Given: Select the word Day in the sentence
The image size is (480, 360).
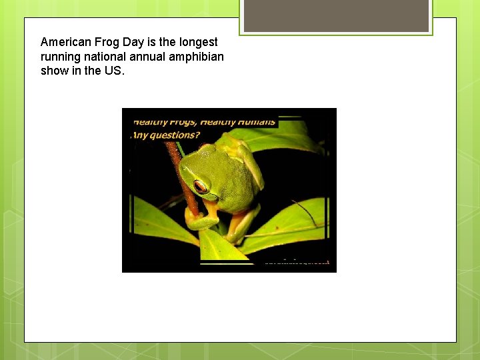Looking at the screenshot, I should pyautogui.click(x=133, y=42).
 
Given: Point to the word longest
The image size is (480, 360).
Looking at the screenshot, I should pyautogui.click(x=197, y=42).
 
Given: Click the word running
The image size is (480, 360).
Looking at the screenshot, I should pyautogui.click(x=61, y=57).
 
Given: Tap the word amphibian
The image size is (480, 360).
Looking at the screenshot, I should pyautogui.click(x=197, y=57).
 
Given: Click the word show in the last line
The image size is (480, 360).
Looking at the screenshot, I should pyautogui.click(x=55, y=71).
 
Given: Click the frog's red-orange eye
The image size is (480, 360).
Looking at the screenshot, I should pyautogui.click(x=200, y=185).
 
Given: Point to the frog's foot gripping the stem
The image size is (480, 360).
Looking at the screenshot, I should pyautogui.click(x=193, y=217).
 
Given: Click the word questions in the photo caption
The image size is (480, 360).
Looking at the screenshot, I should pyautogui.click(x=175, y=135).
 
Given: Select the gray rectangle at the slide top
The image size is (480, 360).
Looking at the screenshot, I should pyautogui.click(x=336, y=15).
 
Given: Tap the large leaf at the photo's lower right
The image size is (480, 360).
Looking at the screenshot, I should pyautogui.click(x=293, y=227).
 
